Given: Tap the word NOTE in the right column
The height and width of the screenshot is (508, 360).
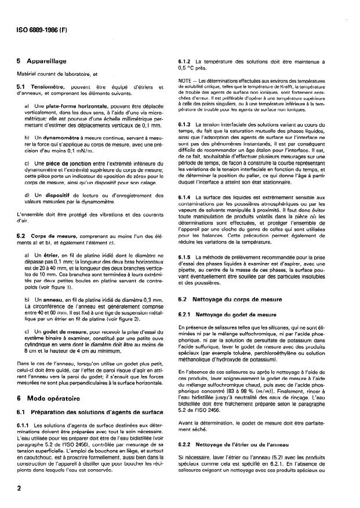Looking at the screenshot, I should [x=187, y=79].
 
